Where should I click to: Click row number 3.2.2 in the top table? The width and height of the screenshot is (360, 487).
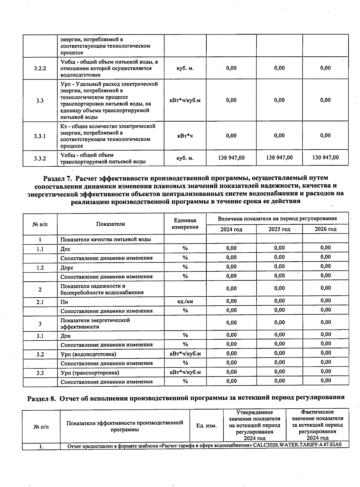(x=40, y=68)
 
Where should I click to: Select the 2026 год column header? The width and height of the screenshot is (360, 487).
(x=325, y=229)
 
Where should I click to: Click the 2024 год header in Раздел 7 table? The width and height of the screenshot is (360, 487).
(x=231, y=229)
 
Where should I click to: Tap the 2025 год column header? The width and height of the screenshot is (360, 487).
(x=279, y=229)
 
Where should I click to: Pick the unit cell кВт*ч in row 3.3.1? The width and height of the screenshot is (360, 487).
(x=185, y=136)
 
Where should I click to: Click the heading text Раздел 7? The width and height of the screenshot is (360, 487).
(x=58, y=179)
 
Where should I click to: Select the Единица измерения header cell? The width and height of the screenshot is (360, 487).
(x=185, y=224)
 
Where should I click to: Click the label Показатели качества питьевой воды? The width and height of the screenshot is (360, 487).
(x=106, y=239)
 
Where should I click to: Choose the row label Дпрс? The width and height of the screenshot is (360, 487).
(x=67, y=268)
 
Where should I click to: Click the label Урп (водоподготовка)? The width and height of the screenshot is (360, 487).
(x=88, y=354)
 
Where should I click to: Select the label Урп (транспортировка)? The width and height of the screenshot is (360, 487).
(x=90, y=373)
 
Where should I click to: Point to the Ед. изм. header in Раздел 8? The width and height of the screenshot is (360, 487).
(x=206, y=426)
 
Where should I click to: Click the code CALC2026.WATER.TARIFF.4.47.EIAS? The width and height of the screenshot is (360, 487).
(x=297, y=445)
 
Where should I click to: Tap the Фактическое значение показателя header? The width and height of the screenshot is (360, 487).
(x=317, y=425)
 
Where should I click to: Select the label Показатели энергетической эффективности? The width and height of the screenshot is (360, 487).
(x=95, y=323)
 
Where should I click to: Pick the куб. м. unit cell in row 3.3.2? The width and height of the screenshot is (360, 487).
(x=185, y=158)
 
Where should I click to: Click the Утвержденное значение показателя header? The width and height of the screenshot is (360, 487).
(x=254, y=425)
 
